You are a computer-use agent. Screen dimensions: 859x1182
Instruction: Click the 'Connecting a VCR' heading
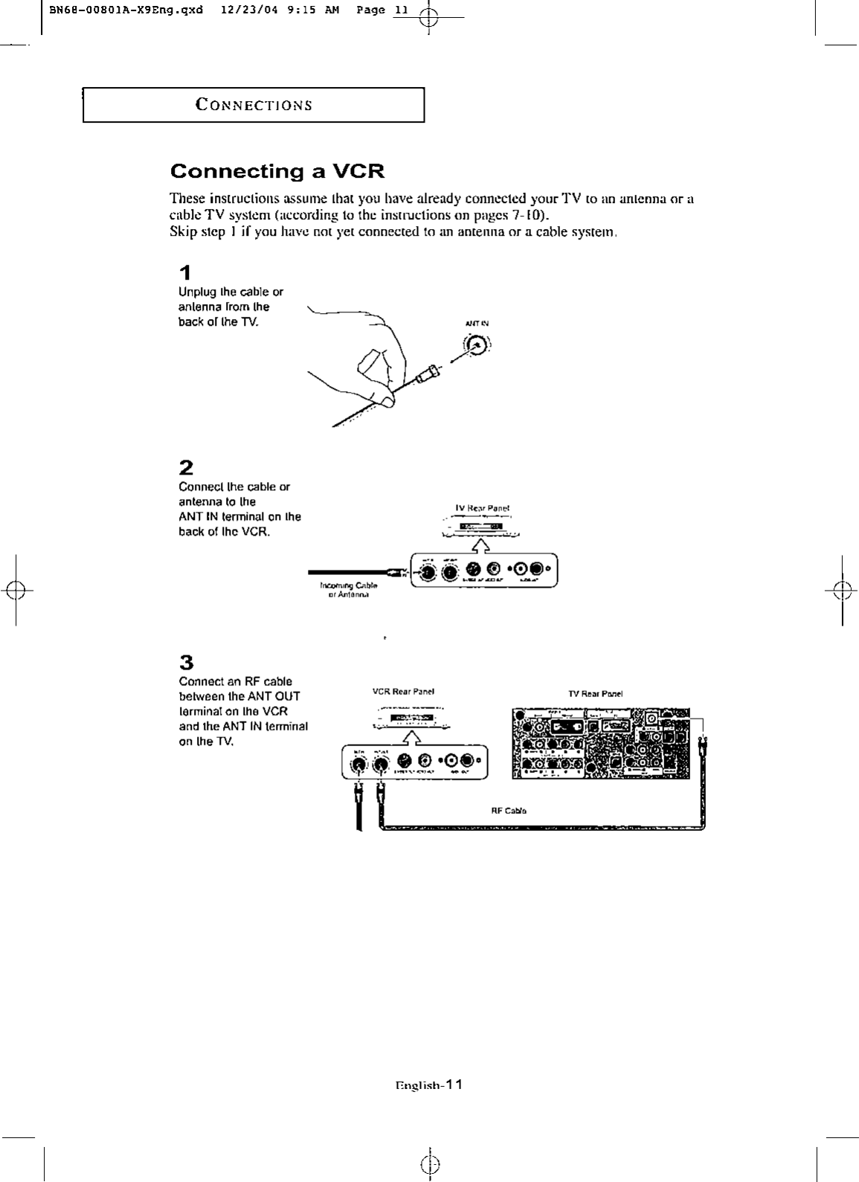277,172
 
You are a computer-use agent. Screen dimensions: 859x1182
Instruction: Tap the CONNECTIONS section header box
253,105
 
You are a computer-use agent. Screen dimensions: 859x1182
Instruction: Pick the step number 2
186,467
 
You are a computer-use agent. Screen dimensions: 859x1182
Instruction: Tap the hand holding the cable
364,357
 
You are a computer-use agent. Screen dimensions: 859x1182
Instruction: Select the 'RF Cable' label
509,811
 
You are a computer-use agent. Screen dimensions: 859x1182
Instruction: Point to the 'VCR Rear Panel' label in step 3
402,692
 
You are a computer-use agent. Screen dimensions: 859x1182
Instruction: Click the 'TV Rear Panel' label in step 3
595,693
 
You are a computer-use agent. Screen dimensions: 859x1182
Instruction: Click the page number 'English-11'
429,1085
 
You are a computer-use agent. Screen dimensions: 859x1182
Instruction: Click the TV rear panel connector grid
600,743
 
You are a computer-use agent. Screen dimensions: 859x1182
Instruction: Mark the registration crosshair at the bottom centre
430,1163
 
